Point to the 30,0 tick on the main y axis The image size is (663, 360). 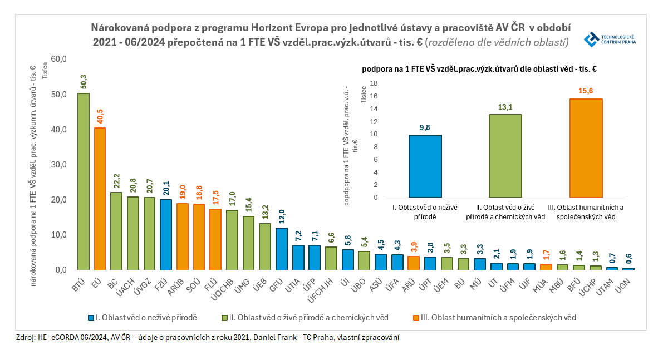tap(58, 165)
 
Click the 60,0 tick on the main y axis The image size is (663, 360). tap(58, 59)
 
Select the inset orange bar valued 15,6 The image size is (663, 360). tap(586, 148)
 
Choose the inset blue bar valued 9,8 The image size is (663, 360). tap(425, 166)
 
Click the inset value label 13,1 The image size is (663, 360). tap(505, 107)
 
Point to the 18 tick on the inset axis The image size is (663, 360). tap(374, 83)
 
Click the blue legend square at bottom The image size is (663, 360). tap(91, 318)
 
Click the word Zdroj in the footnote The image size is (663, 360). tap(27, 337)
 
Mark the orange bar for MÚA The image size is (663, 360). tap(546, 267)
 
